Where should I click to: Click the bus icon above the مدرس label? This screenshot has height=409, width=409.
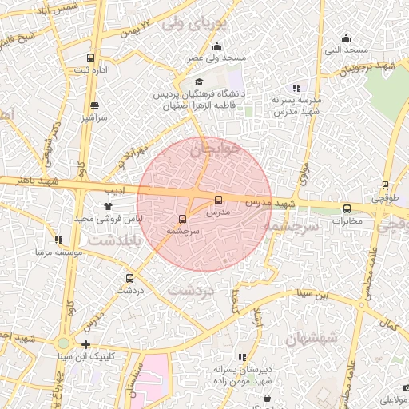point(218,200)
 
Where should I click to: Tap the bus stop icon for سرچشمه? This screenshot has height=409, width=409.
point(183,218)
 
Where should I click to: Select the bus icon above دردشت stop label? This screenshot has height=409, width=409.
point(129,278)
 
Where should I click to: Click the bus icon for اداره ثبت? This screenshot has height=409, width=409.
point(90,58)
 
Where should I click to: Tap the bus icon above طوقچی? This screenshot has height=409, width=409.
point(386,185)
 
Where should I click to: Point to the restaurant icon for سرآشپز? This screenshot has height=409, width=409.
point(94,105)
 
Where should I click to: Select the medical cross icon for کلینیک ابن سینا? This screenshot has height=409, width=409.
point(85,344)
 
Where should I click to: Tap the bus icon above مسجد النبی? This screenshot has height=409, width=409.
point(346,38)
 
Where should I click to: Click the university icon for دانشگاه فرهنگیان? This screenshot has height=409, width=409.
point(199,81)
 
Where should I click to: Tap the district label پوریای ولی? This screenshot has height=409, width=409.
point(195,24)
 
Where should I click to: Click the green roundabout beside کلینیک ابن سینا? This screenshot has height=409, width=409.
point(63,344)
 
